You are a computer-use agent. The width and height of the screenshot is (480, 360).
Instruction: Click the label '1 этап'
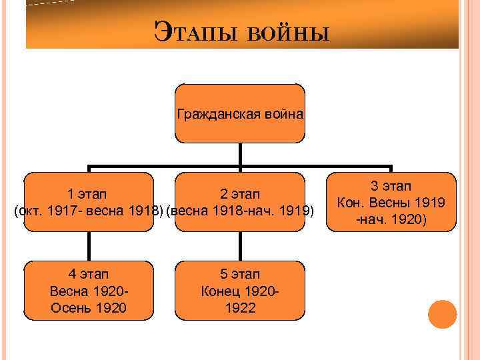pos(89,195)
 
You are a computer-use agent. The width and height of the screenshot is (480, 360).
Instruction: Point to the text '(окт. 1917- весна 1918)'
pos(89,212)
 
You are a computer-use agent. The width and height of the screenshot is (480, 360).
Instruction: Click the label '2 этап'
pos(240,195)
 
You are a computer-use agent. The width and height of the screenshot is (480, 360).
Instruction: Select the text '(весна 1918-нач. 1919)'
pos(240,212)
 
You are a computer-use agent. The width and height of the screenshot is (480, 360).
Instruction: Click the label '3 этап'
pos(391,186)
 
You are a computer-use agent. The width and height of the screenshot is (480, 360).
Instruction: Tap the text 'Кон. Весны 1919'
pos(391,203)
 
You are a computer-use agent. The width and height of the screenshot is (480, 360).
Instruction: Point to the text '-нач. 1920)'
pos(391,219)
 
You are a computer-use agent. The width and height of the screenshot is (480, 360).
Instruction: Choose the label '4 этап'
pos(89,274)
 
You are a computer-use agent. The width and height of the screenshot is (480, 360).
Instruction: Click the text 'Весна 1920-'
pos(89,291)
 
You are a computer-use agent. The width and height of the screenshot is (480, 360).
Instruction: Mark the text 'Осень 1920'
pos(89,307)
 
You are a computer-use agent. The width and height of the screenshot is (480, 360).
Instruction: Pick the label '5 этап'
pos(240,274)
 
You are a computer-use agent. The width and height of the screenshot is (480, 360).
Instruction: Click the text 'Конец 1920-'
pos(240,291)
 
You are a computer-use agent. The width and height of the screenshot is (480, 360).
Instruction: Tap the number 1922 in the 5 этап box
pos(240,307)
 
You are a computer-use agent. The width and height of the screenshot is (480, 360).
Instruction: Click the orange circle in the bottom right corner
pos(442,314)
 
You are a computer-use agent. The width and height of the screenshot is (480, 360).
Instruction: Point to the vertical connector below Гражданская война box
pos(240,155)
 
